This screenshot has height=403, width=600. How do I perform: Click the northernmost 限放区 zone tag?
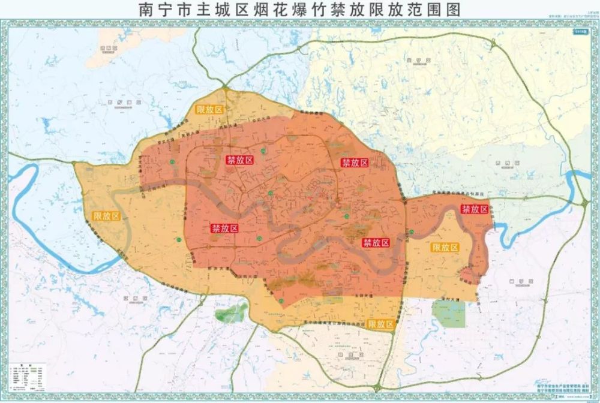[x=209, y=109]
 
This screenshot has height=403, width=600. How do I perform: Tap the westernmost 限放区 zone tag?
[x=107, y=216]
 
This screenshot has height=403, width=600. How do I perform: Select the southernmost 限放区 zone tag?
[x=382, y=324]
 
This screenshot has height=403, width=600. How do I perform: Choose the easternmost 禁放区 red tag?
[x=475, y=209]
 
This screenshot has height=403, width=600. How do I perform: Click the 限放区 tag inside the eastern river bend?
[x=445, y=247]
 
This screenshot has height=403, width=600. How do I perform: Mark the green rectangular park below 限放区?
[x=449, y=313]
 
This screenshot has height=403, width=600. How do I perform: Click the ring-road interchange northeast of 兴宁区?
[x=493, y=44]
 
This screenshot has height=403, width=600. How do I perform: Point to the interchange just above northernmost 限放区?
[x=226, y=89]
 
